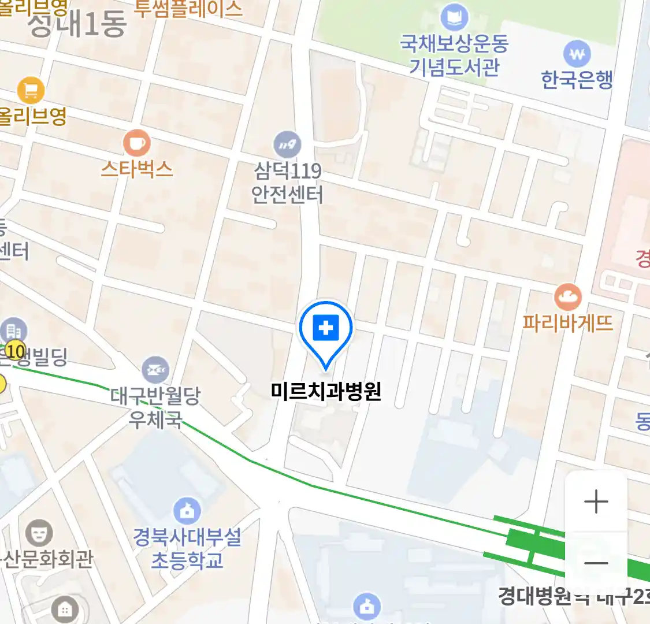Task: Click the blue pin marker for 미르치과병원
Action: pos(326,330)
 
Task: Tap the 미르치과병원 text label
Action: pos(326,391)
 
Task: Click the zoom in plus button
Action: pos(596,502)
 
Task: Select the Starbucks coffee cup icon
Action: pos(137,143)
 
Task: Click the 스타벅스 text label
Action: pos(137,169)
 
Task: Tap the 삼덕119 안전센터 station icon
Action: pos(287,144)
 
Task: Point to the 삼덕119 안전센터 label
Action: pos(288,183)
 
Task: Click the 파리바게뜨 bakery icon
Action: pos(567,297)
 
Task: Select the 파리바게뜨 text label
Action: pos(567,322)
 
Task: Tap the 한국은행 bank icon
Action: pos(577,55)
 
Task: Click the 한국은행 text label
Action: pos(577,80)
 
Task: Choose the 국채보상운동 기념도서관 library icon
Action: pos(454,18)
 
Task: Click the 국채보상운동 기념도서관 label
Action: pos(454,55)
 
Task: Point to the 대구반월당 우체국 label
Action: pos(155,407)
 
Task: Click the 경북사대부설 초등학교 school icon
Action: pos(187,511)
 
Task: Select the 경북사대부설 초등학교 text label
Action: pos(187,548)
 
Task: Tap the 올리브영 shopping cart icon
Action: pos(31,90)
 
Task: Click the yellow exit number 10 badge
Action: pos(16,351)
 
